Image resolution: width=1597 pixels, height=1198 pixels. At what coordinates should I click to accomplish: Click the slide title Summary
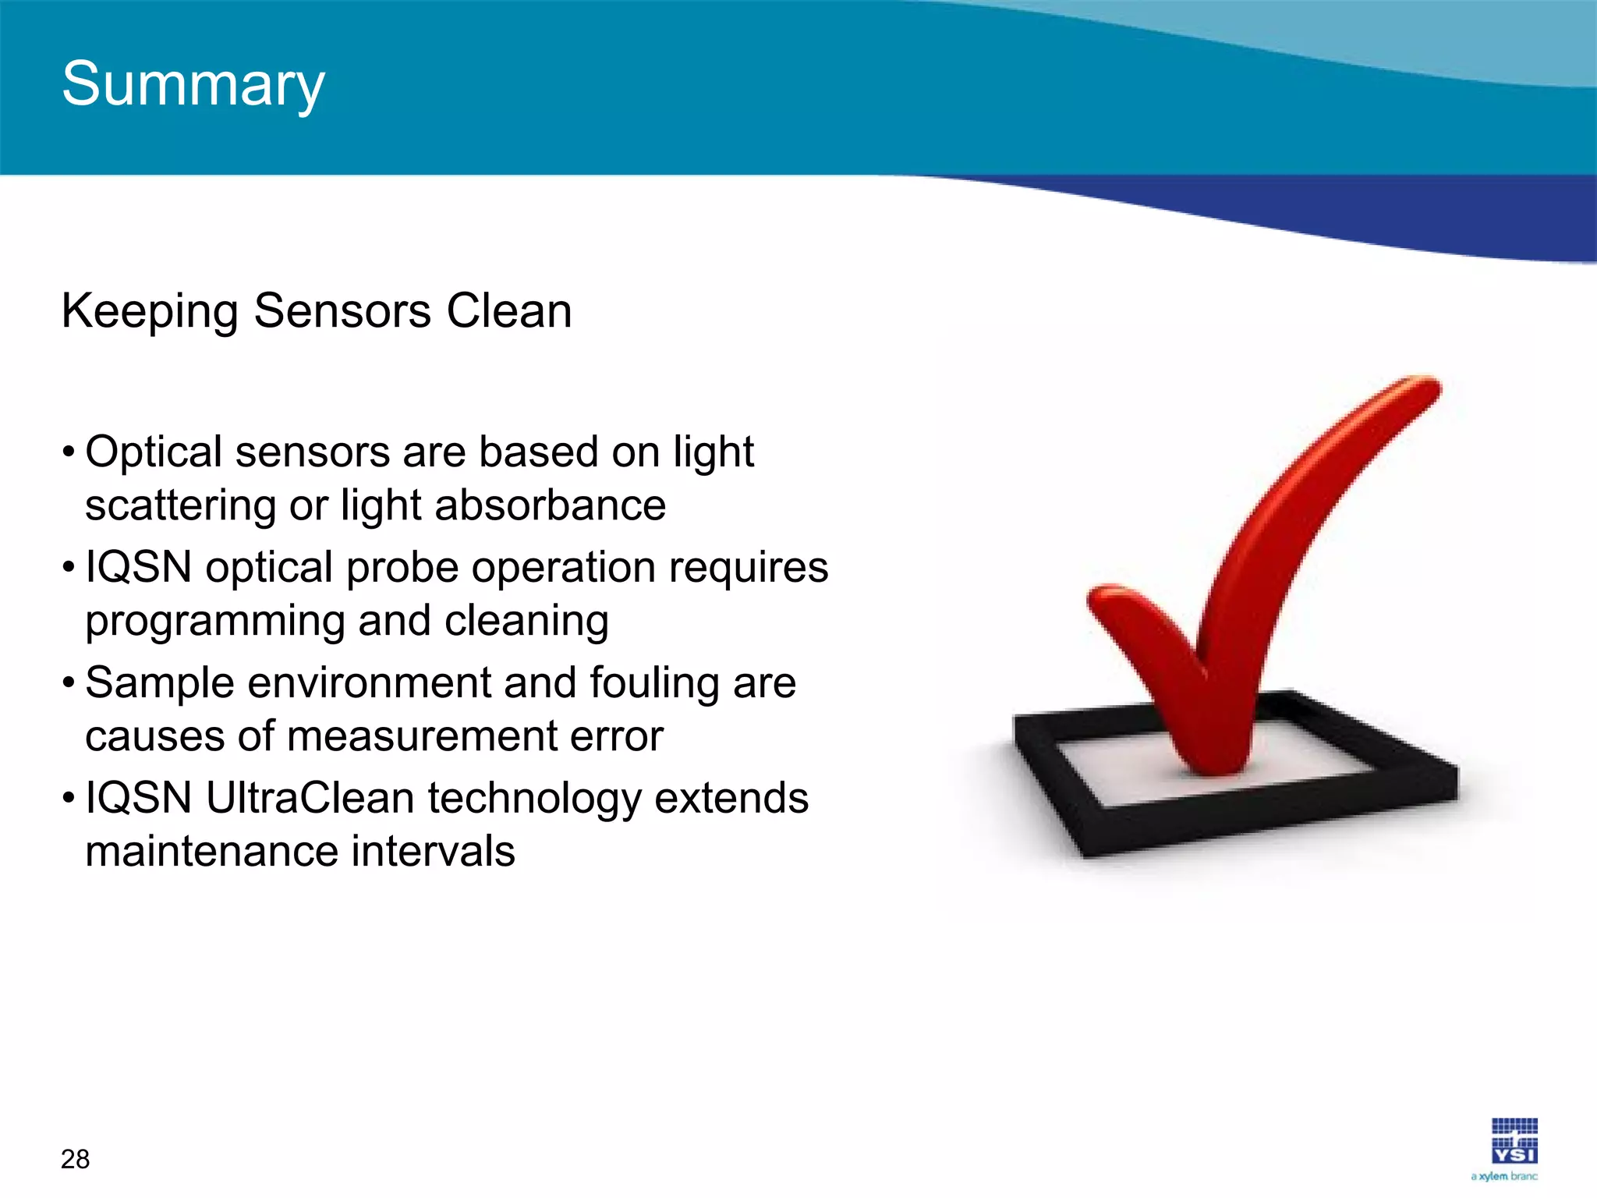pyautogui.click(x=193, y=84)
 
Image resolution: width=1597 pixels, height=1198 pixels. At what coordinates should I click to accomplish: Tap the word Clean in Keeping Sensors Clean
pyautogui.click(x=509, y=311)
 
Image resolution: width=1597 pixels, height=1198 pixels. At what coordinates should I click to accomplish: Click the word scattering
pyautogui.click(x=180, y=505)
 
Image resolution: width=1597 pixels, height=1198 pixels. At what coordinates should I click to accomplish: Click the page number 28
pyautogui.click(x=75, y=1160)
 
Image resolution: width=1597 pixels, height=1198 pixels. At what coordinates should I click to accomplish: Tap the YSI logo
pyautogui.click(x=1514, y=1141)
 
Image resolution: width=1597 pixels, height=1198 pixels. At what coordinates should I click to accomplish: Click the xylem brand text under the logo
pyautogui.click(x=1504, y=1176)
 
